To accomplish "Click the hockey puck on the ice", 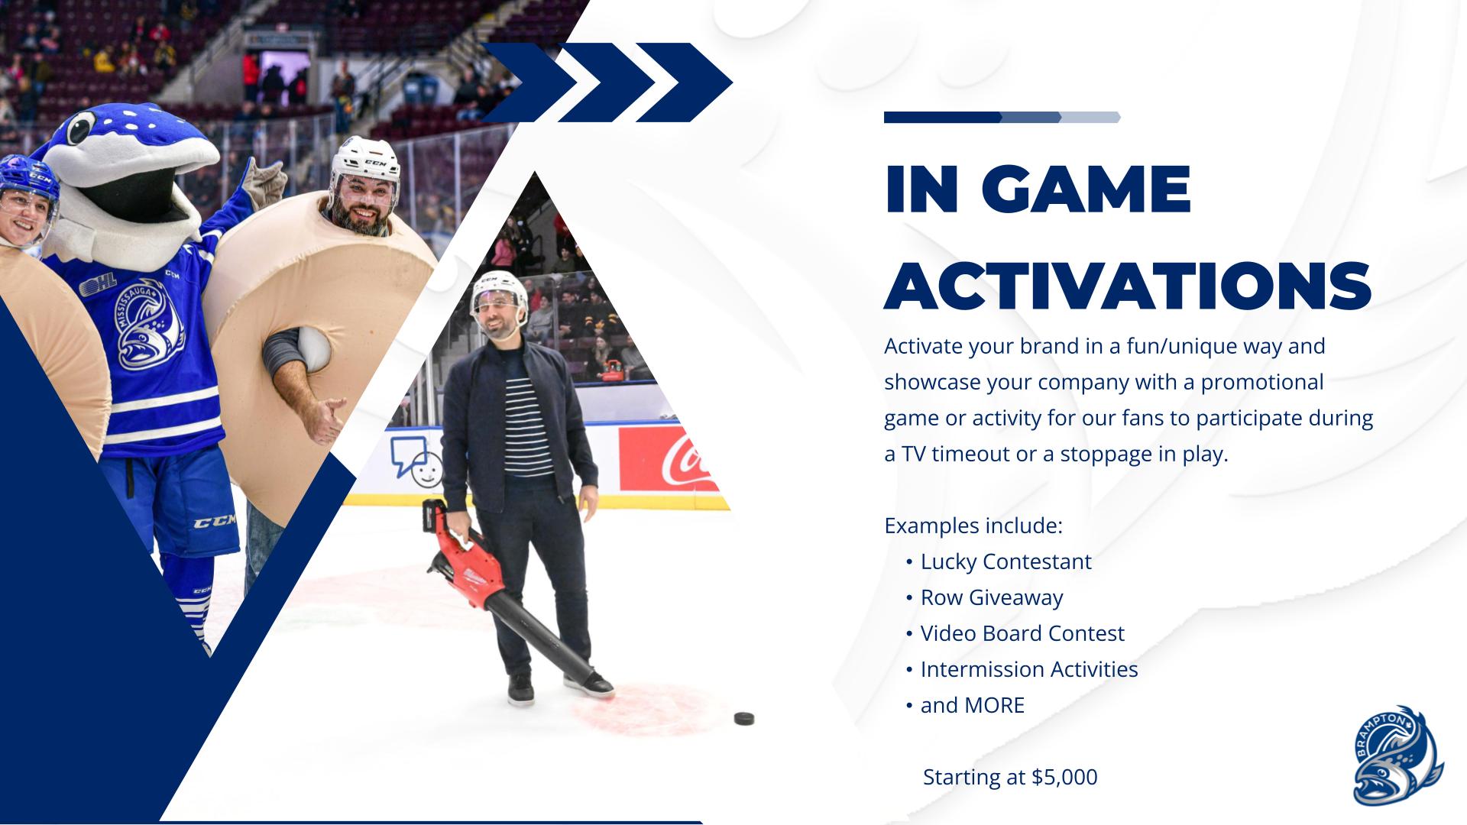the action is [x=743, y=718].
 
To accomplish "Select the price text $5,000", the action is [x=1064, y=777].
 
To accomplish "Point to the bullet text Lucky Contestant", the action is [x=1006, y=561].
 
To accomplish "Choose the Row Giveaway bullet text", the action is [x=992, y=597].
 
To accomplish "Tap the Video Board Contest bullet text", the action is [x=1022, y=633].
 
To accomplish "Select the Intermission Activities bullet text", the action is [x=1029, y=669].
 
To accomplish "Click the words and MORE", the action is [x=972, y=705].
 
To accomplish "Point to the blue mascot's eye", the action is [x=80, y=128].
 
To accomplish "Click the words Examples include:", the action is [x=973, y=526].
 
